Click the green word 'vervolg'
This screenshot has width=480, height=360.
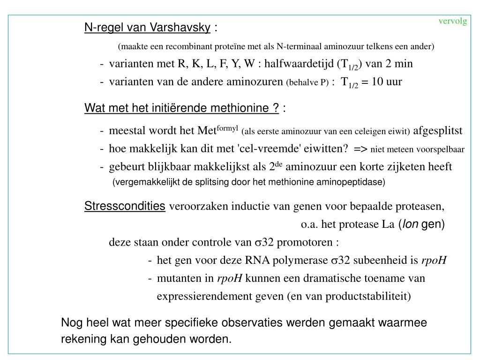453,21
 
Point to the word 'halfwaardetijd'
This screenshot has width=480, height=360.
298,64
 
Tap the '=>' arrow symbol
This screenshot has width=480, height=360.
361,149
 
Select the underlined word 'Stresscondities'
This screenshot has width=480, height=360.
125,206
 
